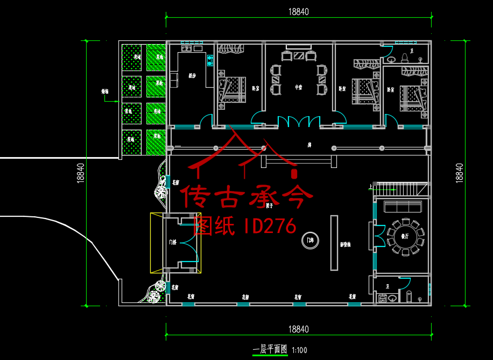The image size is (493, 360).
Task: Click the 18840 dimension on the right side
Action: (x=459, y=172)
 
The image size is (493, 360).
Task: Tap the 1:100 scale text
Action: (x=300, y=350)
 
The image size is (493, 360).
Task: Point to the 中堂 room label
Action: (x=298, y=86)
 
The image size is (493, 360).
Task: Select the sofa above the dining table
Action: (x=402, y=206)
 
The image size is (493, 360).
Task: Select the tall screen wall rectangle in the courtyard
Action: (x=334, y=242)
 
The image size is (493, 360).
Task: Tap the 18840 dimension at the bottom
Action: (x=298, y=329)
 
